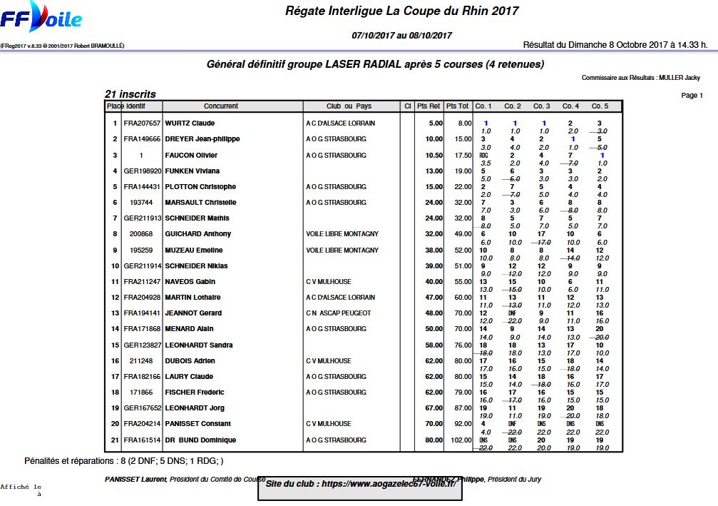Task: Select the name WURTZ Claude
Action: [x=190, y=123]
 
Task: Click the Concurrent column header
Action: [x=221, y=106]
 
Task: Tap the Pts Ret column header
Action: [x=429, y=106]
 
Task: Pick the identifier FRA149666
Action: [x=142, y=139]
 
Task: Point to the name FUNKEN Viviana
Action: [x=192, y=171]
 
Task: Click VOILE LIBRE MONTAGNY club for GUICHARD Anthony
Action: [x=342, y=234]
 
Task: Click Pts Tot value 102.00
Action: [x=460, y=440]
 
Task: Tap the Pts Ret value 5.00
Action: [x=435, y=123]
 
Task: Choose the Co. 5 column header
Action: [x=600, y=106]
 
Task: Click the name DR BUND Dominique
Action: [x=200, y=440]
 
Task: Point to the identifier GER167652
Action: [x=142, y=408]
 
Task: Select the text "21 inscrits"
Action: [x=130, y=94]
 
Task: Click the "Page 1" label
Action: [x=692, y=96]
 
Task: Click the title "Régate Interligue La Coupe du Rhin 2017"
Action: [x=401, y=11]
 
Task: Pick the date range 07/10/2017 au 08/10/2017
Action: [x=401, y=35]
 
